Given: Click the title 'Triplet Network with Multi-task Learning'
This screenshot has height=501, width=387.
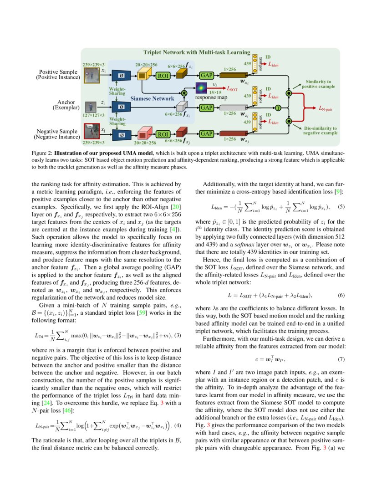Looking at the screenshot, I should (197, 52).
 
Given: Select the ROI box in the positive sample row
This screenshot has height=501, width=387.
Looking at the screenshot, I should (163, 76).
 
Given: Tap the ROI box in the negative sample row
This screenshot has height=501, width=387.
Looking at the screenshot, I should (163, 134).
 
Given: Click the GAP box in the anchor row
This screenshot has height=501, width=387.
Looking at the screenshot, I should (207, 107).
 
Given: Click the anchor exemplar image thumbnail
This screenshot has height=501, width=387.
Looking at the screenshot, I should (91, 107).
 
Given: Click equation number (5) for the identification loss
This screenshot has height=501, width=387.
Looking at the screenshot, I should (341, 207).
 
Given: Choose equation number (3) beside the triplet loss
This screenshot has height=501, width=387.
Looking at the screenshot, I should (178, 323).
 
